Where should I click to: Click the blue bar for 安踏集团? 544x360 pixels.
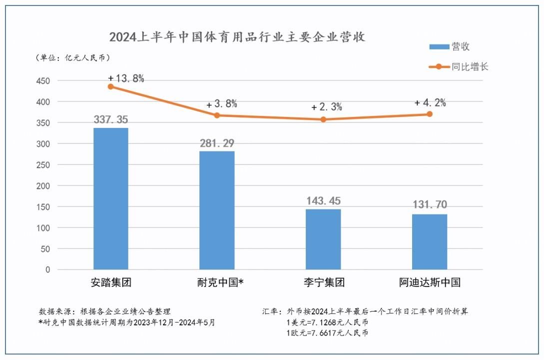pos(111,198)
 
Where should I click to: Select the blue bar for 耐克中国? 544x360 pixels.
pos(217,210)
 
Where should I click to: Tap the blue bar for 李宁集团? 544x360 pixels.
pos(323,239)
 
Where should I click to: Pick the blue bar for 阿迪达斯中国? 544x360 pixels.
pos(430,241)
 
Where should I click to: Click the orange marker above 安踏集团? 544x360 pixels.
pos(111,86)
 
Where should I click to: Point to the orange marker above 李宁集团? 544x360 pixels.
pos(323,119)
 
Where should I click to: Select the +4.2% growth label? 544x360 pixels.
pos(430,103)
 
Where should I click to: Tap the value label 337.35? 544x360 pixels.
pos(111,120)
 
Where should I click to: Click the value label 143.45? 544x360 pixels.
pos(323,201)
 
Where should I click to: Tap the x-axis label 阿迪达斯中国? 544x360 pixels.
pos(430,283)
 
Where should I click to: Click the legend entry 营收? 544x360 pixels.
pos(450,47)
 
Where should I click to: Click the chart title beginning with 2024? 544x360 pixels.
pos(237,37)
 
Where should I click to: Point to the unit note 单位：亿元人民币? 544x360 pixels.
pos(72,58)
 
